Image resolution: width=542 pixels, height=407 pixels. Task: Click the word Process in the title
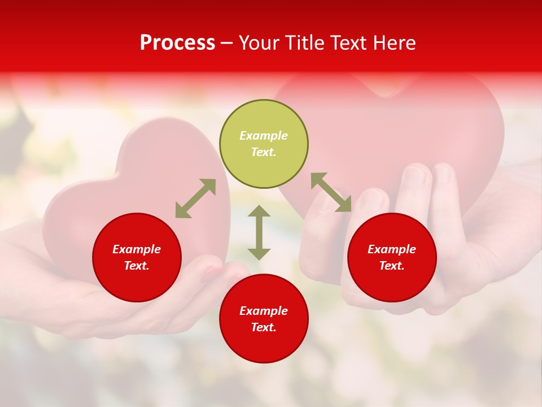(177, 43)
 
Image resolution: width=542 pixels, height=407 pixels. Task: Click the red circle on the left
(137, 283)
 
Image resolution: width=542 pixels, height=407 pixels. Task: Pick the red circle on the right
(392, 283)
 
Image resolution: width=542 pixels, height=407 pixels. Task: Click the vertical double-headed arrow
(259, 232)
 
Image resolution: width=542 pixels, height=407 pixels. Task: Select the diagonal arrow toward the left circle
(195, 198)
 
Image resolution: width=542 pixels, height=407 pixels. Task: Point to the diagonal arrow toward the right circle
(331, 192)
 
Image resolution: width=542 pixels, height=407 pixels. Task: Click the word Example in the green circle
(264, 136)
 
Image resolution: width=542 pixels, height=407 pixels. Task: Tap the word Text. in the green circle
(264, 152)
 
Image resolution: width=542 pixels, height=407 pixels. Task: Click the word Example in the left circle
(137, 249)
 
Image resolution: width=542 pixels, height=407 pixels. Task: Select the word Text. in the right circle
(392, 266)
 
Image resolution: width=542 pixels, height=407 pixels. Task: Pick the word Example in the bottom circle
(264, 311)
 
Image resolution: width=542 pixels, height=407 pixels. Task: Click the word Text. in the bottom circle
(264, 327)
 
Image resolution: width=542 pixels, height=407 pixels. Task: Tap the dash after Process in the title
(226, 44)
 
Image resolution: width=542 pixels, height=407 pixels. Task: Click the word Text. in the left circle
(137, 266)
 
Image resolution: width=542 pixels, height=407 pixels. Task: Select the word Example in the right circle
(392, 249)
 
